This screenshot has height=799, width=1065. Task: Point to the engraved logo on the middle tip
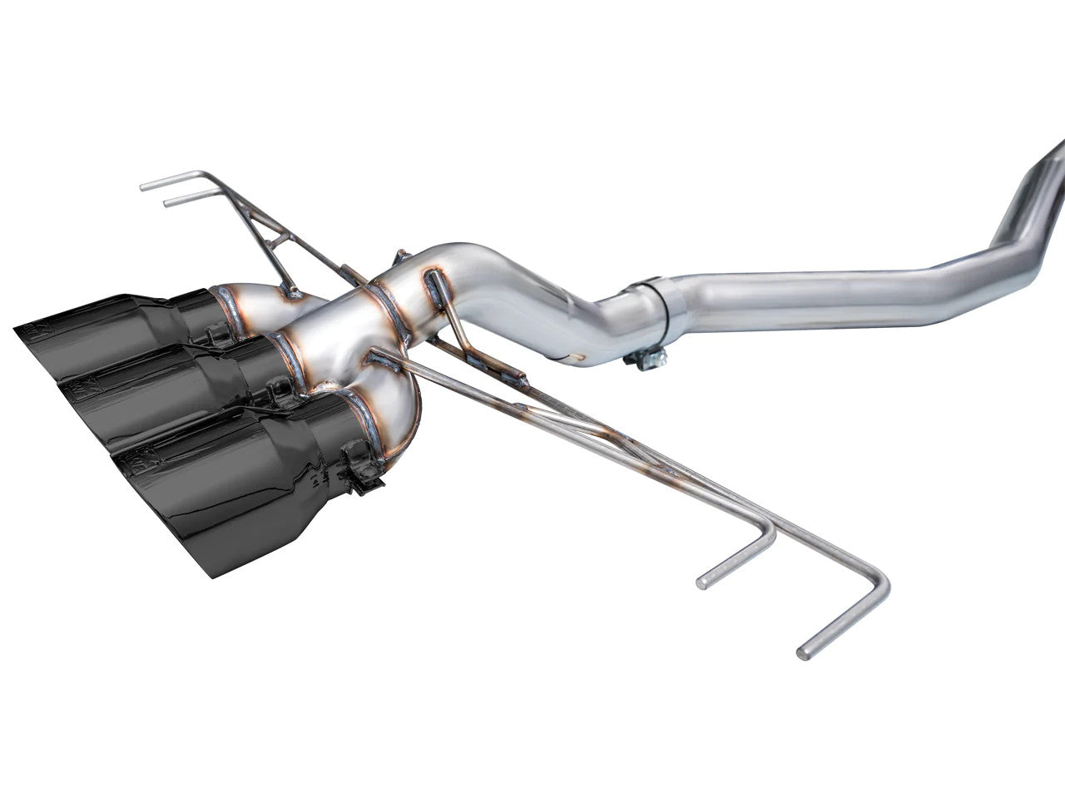click(x=72, y=385)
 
